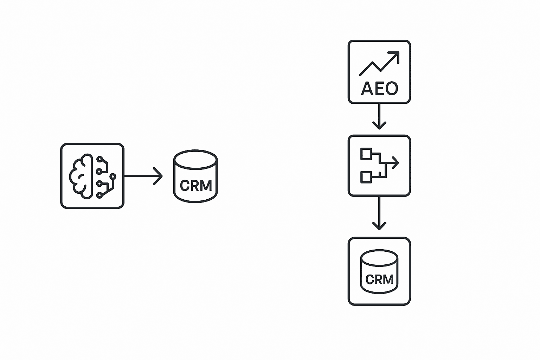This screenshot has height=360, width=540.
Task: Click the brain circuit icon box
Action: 92,176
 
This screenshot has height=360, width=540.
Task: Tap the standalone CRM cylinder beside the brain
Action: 195,176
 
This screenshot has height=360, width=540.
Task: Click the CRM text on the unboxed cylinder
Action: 196,186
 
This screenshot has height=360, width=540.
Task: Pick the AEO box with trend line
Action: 379,72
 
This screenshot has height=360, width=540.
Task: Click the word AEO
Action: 379,89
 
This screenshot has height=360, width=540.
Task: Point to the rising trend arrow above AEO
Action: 379,63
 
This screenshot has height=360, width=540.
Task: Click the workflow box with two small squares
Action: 379,165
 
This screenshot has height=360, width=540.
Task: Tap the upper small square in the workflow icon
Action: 366,154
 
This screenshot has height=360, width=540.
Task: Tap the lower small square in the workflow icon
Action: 366,177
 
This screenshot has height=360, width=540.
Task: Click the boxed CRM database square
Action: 379,271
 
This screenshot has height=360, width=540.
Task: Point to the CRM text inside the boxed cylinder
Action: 379,279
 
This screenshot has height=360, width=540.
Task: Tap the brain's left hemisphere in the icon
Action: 80,176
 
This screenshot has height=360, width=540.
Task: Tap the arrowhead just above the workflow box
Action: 379,125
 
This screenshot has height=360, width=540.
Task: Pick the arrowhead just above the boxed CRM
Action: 379,225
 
